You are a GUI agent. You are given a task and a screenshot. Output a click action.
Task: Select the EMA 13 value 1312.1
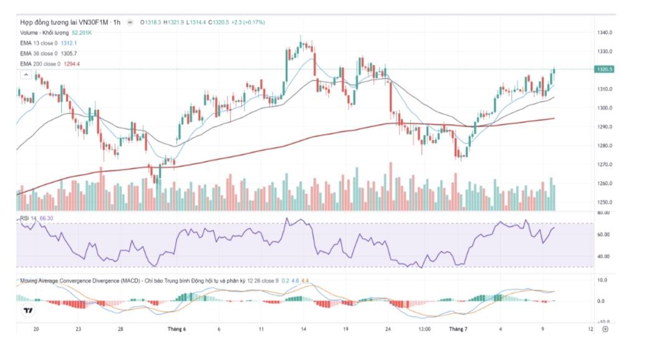(x=69, y=43)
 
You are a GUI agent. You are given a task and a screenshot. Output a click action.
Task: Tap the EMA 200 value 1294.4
(x=72, y=64)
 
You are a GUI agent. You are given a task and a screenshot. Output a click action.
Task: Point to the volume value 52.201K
(x=82, y=32)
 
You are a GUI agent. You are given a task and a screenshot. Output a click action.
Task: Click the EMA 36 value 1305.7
(x=69, y=54)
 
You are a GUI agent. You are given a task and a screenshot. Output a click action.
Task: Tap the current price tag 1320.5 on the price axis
(x=605, y=69)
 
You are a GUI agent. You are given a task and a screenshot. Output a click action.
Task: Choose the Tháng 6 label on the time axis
(x=175, y=328)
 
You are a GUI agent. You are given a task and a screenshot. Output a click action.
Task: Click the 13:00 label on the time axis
(x=425, y=328)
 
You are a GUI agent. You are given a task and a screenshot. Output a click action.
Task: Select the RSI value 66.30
(x=46, y=218)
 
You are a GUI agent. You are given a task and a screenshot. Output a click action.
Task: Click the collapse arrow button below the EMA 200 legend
(x=26, y=75)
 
